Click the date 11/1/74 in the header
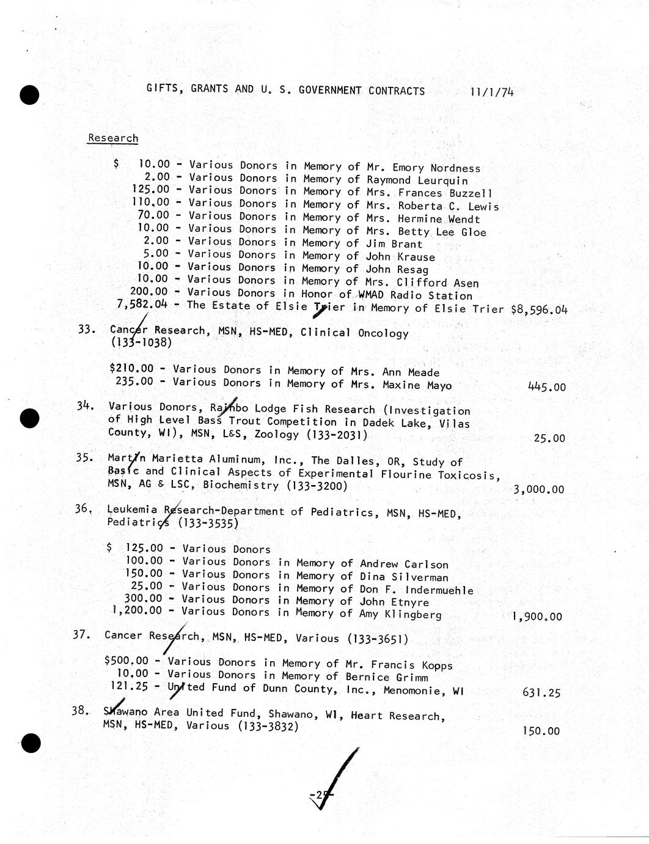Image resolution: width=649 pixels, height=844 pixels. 492,92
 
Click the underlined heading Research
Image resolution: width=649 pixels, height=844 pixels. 113,138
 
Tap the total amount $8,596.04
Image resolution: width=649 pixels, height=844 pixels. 539,309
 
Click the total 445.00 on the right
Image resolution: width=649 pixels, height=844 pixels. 546,387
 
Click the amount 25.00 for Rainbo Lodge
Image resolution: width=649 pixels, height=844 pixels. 551,439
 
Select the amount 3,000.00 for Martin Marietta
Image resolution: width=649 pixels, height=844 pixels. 538,489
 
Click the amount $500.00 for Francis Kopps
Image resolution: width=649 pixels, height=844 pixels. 127,661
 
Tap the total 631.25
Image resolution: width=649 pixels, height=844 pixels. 541,693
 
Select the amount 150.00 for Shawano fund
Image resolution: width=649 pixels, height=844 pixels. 541,731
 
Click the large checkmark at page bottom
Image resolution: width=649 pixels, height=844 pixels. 333,780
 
